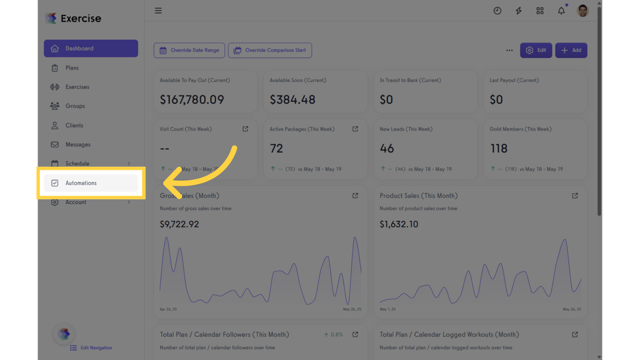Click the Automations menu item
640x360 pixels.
pos(81,183)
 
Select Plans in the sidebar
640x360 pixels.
pos(72,68)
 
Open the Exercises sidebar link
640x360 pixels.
pos(77,87)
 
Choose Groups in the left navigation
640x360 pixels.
pos(75,106)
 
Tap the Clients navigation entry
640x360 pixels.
pos(74,126)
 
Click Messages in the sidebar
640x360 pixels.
pos(78,145)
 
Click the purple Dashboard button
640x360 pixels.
pos(91,48)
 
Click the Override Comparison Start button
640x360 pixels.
pos(270,51)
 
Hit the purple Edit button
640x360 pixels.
pos(536,51)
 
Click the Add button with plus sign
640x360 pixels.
pos(571,51)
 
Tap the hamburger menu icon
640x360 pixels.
pos(158,11)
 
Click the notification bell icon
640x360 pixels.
pos(561,11)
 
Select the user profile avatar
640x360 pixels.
pos(583,11)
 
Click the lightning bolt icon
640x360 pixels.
pos(519,11)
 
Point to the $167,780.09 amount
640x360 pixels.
pos(192,100)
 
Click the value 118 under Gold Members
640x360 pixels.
pos(499,149)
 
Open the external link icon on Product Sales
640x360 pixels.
pos(575,196)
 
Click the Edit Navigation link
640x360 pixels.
pos(96,348)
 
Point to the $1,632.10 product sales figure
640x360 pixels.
pos(399,225)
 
